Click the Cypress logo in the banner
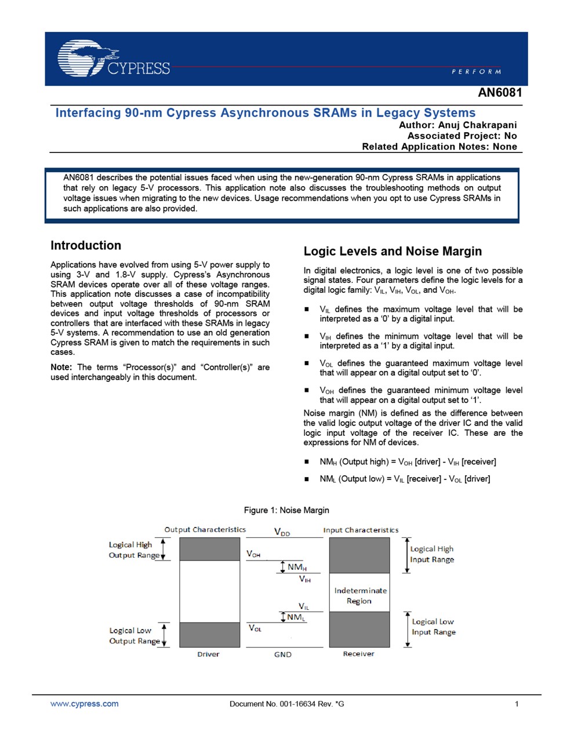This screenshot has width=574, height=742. click(x=114, y=59)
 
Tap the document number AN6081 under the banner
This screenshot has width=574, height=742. click(x=500, y=93)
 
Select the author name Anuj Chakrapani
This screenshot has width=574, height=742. click(x=477, y=125)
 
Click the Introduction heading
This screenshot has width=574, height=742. click(x=86, y=245)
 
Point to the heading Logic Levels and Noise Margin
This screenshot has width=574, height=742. click(x=393, y=251)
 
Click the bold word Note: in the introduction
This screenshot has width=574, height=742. click(x=61, y=367)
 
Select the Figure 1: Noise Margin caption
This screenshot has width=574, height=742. click(x=286, y=510)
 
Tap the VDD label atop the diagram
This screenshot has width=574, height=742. click(x=282, y=532)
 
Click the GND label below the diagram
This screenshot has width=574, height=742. click(x=283, y=654)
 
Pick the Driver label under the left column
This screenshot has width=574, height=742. click(x=208, y=654)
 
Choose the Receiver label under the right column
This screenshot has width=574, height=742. click(x=358, y=654)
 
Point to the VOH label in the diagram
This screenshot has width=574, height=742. click(x=253, y=554)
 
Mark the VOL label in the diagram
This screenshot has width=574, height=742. click(x=255, y=628)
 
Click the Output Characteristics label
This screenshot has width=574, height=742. click(x=205, y=529)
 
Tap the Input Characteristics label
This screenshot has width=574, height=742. click(x=361, y=530)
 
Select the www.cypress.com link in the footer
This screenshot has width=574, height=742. click(x=84, y=704)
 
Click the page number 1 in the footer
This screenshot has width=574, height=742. click(x=517, y=704)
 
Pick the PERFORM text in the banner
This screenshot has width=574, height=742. click(x=476, y=71)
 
